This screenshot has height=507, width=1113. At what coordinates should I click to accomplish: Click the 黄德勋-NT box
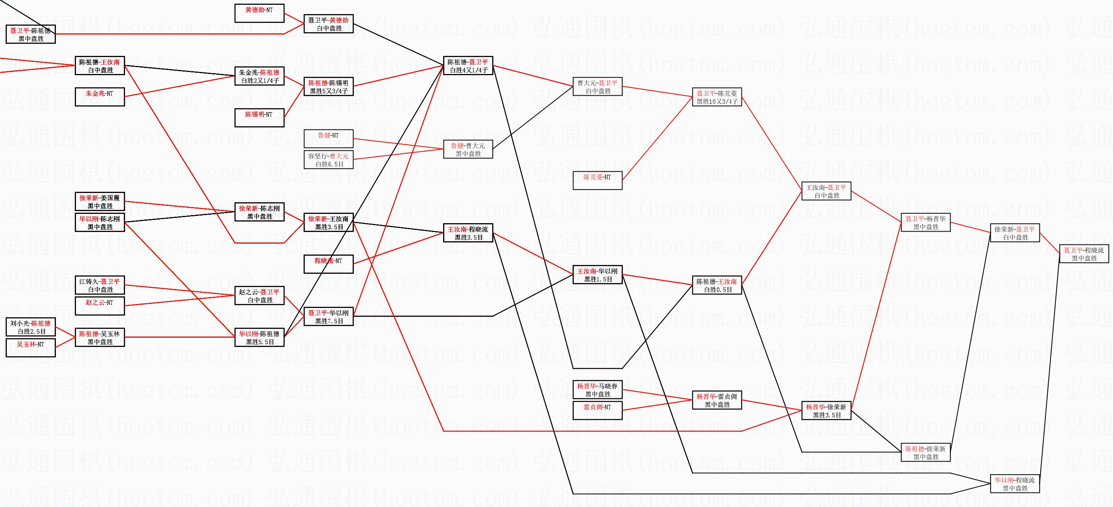point(259,13)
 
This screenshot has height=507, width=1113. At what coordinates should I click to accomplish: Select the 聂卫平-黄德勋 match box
point(329,24)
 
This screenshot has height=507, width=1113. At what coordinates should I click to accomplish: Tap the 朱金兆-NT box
point(99,97)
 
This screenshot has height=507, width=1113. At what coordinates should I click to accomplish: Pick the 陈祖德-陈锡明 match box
point(329,86)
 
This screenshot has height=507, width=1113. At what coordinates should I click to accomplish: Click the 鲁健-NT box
point(329,139)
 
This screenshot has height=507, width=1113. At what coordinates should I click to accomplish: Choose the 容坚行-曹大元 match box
point(329,160)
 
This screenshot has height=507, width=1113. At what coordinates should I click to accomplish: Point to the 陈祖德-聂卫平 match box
point(468,66)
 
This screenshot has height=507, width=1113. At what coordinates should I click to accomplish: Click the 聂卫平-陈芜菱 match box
point(717,97)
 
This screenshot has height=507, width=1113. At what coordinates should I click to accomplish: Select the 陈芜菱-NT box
point(597,181)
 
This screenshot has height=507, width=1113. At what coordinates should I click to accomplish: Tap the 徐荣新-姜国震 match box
point(99,202)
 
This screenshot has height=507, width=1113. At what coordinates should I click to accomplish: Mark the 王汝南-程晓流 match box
point(468,233)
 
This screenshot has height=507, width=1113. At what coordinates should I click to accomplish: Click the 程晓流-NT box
point(329,264)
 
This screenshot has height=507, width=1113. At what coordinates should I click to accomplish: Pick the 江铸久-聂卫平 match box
point(99,285)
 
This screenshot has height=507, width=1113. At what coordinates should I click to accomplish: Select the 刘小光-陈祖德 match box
point(31,327)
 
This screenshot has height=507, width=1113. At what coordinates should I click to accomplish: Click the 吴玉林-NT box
point(31,348)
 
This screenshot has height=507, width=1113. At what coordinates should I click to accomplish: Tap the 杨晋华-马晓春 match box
point(597,390)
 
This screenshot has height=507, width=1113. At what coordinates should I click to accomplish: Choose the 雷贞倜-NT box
point(597,410)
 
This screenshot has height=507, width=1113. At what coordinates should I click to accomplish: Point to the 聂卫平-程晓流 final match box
point(1084,254)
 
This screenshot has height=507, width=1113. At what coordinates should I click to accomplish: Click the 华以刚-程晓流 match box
point(1014,484)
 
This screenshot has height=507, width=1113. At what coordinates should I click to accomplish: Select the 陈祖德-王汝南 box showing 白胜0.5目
point(717,285)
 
